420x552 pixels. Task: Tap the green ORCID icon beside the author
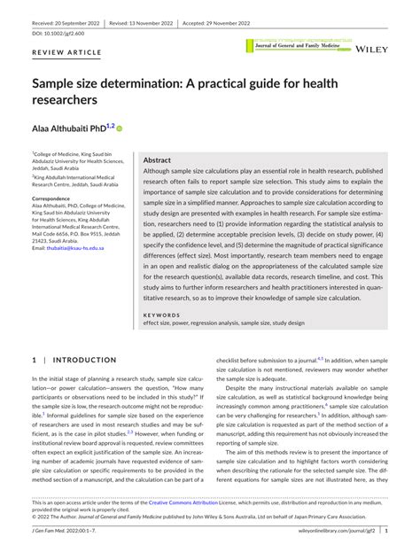pos(120,128)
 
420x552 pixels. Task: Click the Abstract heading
pos(157,160)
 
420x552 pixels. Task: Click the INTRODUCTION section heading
pos(79,361)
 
